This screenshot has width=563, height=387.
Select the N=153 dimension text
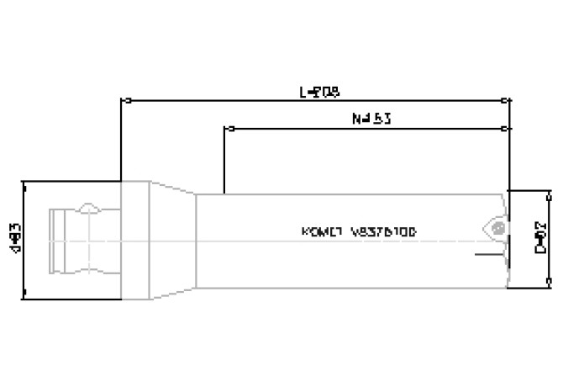(x=371, y=119)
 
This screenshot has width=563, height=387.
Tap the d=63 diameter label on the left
(x=15, y=239)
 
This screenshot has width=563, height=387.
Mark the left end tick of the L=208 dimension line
(x=124, y=100)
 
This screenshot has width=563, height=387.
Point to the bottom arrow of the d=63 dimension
(x=24, y=295)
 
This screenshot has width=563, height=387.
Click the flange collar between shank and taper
(x=135, y=239)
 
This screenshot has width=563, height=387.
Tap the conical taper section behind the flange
(x=173, y=239)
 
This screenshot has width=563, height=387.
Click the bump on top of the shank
(x=88, y=209)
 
